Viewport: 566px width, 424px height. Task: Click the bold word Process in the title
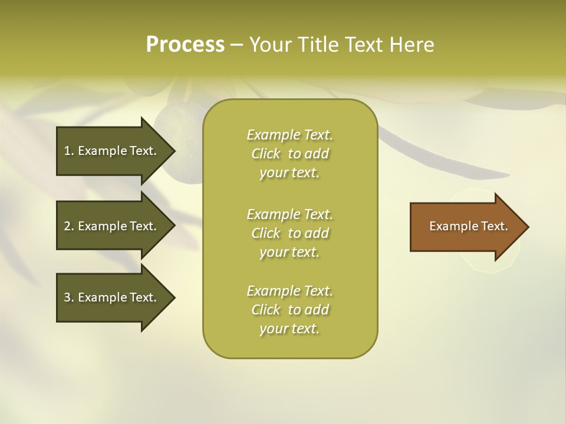185,44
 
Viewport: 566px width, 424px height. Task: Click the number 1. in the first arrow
69,151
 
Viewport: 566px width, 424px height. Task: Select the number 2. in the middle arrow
69,226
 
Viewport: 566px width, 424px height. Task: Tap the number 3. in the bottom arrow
69,297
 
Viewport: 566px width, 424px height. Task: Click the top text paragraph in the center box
289,154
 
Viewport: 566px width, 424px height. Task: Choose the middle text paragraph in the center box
289,233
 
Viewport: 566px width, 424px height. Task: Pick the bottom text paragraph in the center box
289,310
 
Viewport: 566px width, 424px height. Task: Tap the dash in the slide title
236,45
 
